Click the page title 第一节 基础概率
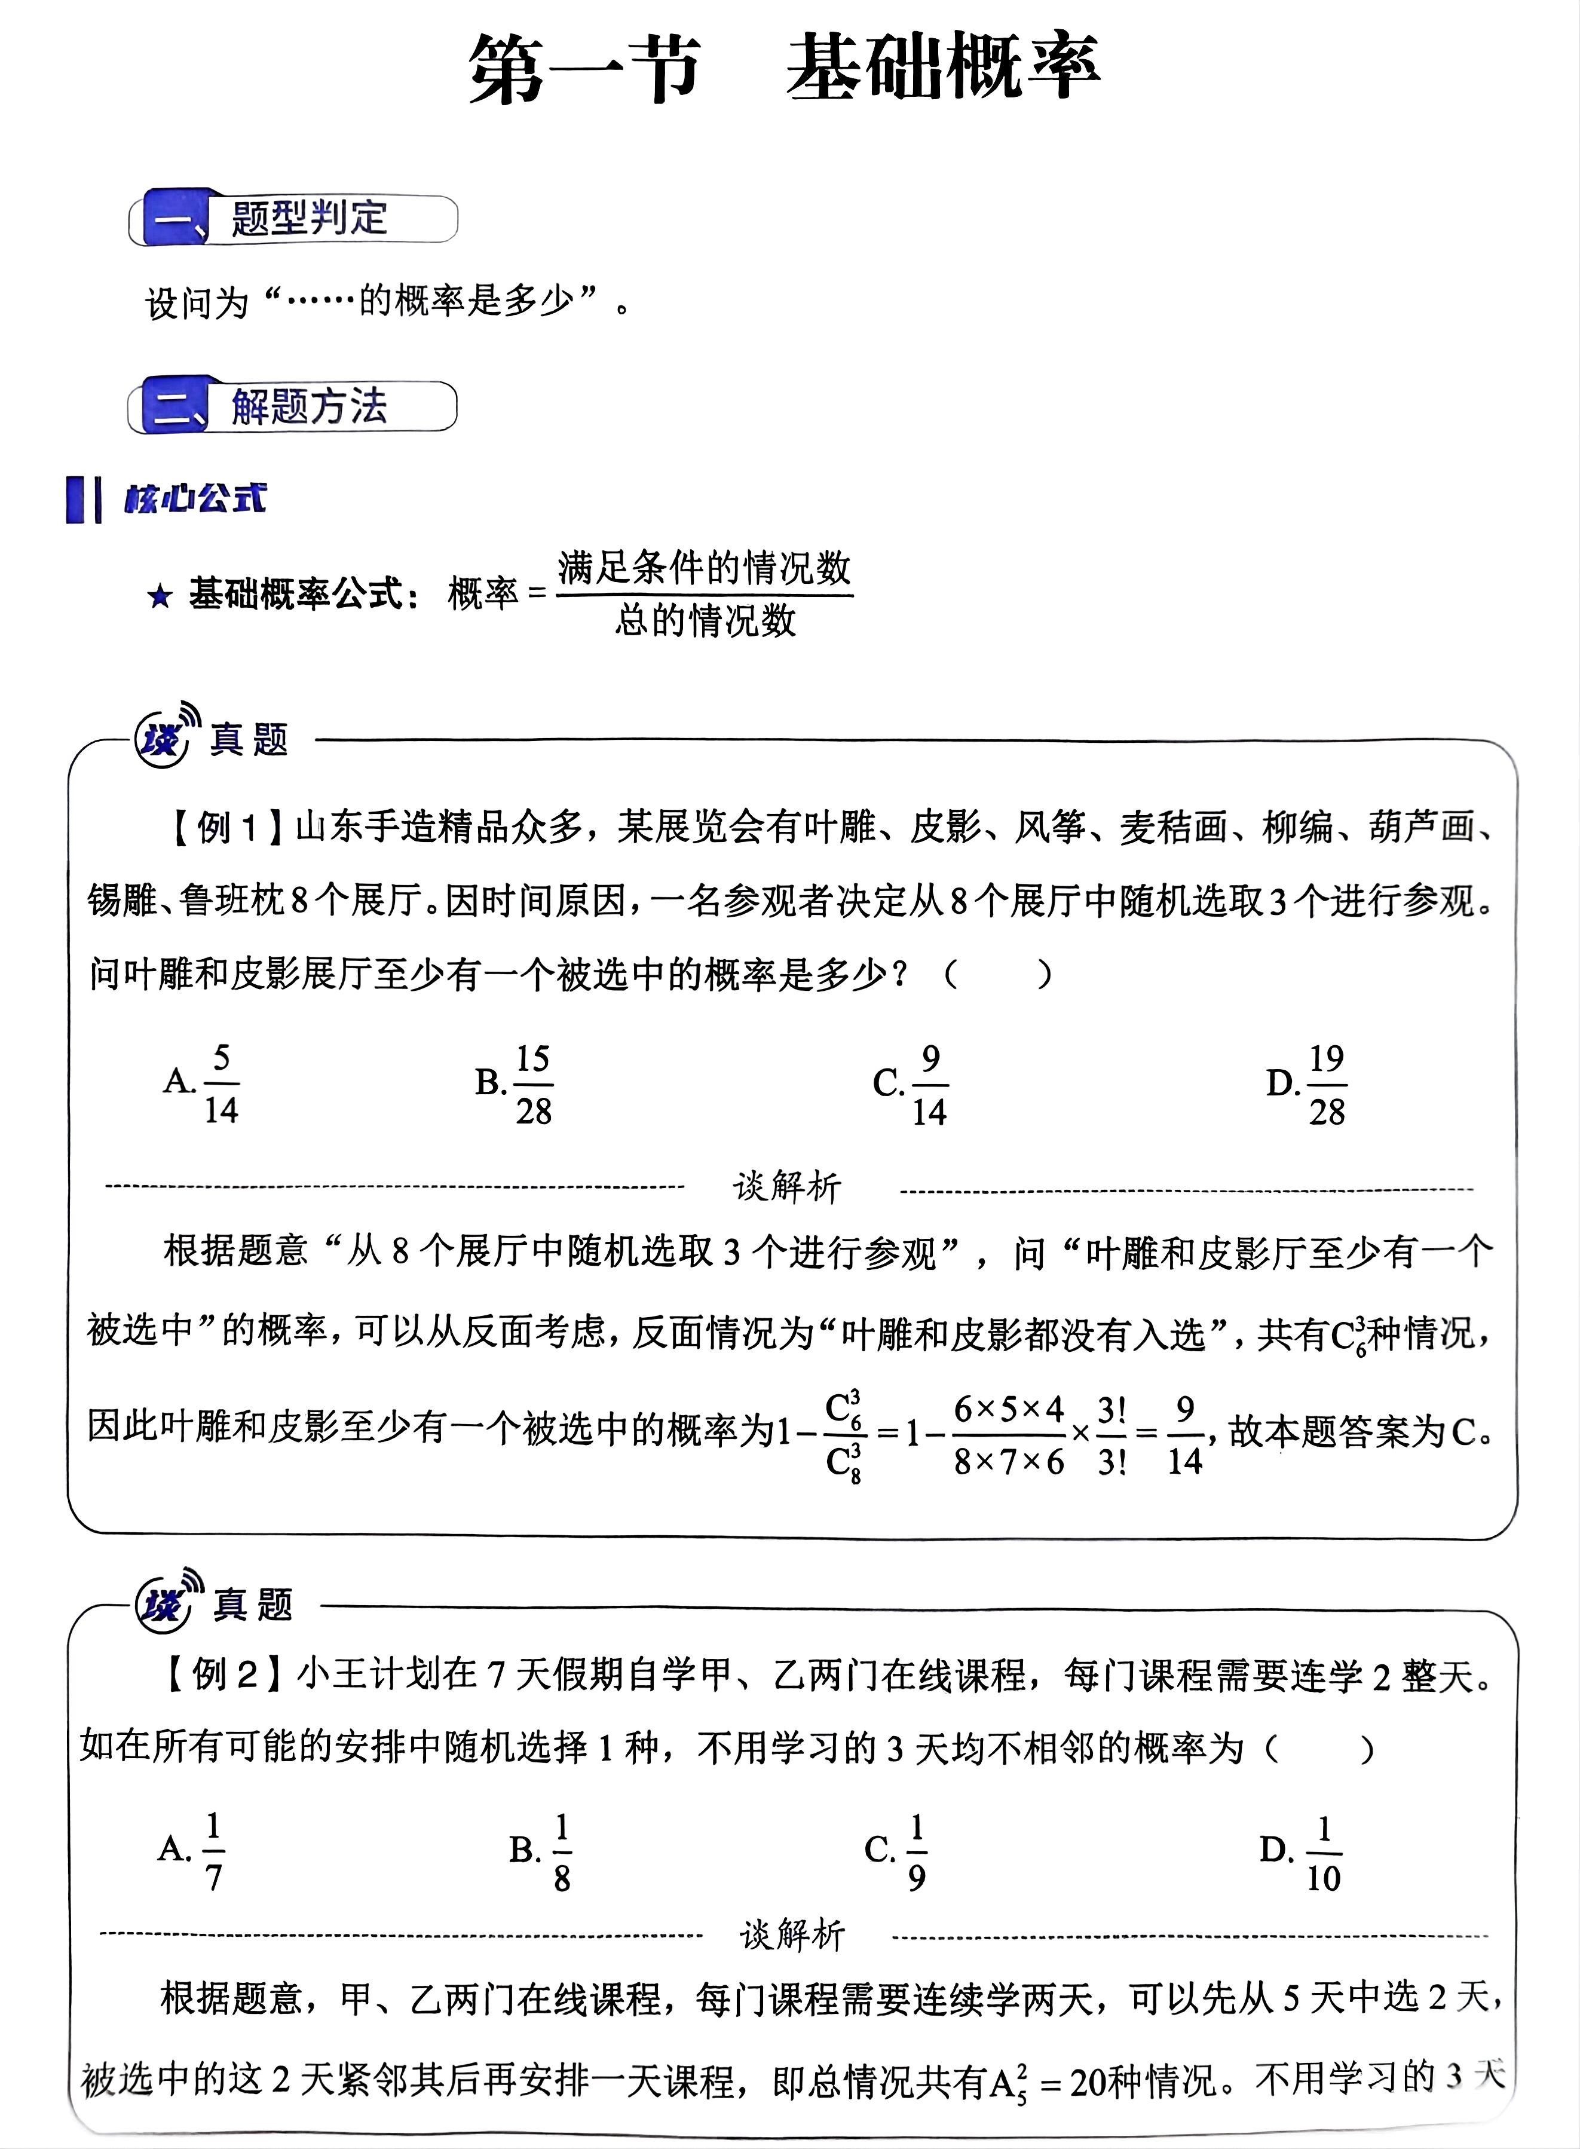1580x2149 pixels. [784, 67]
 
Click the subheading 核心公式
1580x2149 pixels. [194, 498]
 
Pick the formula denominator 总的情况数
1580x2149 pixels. [705, 621]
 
